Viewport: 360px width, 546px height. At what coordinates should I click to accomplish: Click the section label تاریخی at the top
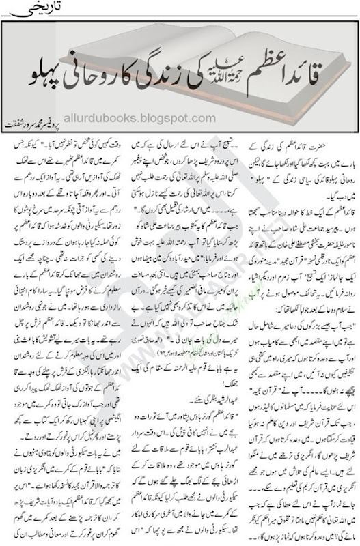click(x=335, y=13)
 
